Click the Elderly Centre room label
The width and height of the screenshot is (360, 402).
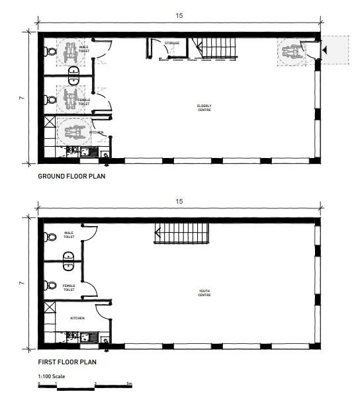pos(204,108)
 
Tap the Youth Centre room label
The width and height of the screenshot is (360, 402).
pos(204,293)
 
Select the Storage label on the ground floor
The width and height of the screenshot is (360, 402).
pos(172,43)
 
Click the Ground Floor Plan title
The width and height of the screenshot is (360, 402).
pos(71,177)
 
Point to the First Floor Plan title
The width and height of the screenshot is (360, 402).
pos(67,362)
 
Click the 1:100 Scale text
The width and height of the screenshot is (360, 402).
pos(52,376)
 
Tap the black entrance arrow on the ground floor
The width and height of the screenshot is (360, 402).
pos(325,50)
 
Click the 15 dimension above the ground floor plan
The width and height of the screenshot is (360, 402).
pos(179,16)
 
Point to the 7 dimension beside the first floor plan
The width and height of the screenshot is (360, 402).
pos(22,283)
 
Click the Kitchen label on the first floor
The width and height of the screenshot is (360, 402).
pos(77,318)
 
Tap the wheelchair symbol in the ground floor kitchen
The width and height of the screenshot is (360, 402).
pos(75,132)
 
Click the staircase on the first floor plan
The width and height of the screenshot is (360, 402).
pos(182,233)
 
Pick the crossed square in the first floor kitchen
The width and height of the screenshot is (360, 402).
pos(50,307)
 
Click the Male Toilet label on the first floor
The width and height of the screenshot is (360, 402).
pos(69,235)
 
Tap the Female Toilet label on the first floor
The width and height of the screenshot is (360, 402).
pos(69,288)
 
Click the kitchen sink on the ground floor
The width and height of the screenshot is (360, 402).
pos(89,152)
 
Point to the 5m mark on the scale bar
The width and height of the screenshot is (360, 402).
pos(129,383)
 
